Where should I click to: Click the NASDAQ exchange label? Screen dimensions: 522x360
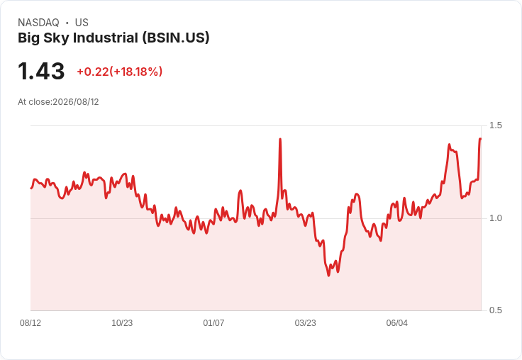click(x=38, y=23)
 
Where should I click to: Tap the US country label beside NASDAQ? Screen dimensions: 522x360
click(x=82, y=23)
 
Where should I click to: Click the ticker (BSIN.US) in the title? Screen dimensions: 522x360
click(x=176, y=38)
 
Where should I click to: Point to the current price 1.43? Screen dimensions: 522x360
click(x=41, y=71)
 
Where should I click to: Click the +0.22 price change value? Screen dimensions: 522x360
click(x=93, y=72)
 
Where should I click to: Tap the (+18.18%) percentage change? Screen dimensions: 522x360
click(x=136, y=72)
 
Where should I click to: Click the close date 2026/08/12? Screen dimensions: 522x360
click(x=76, y=102)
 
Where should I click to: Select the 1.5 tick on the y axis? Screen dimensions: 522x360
click(x=495, y=125)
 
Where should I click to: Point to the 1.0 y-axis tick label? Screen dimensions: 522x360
click(x=495, y=218)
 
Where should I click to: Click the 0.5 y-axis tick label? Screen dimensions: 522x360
click(x=495, y=310)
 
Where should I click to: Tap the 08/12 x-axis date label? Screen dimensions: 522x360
click(x=30, y=323)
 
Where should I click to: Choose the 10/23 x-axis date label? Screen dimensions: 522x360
click(x=122, y=323)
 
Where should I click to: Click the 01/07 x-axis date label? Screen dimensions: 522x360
click(x=213, y=323)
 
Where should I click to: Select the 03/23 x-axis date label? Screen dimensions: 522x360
click(x=305, y=323)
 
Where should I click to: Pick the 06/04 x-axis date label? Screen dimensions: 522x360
click(x=397, y=323)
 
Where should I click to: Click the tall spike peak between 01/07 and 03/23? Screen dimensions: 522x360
click(x=280, y=139)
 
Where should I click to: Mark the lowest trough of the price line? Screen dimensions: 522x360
click(x=328, y=276)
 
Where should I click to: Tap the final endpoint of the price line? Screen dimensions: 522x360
click(x=480, y=139)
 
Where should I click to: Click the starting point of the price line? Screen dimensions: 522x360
click(x=31, y=189)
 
